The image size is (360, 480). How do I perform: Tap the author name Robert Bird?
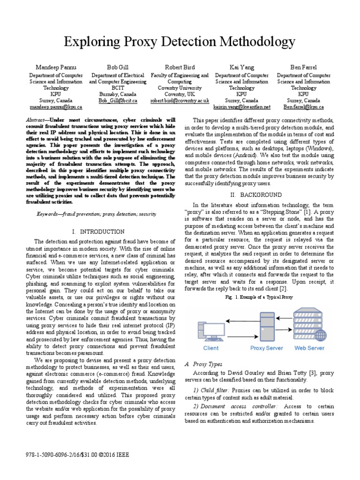click(x=180, y=67)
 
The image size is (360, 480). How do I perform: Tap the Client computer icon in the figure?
click(x=210, y=330)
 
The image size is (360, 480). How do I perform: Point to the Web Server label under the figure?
click(x=309, y=348)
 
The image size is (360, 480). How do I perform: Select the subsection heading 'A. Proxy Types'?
click(x=197, y=364)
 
